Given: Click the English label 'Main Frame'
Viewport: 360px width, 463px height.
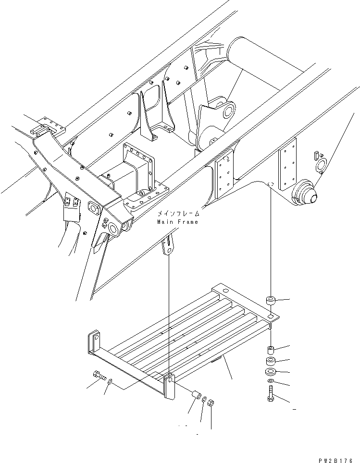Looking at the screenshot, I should tap(177, 222).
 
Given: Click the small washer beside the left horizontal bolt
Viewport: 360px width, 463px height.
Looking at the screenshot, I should tap(111, 382).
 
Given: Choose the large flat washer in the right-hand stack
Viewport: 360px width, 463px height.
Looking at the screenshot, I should tap(271, 372).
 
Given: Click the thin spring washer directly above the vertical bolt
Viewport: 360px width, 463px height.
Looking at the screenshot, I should tap(271, 382).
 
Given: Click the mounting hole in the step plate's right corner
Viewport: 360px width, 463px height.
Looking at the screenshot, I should tap(271, 317).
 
